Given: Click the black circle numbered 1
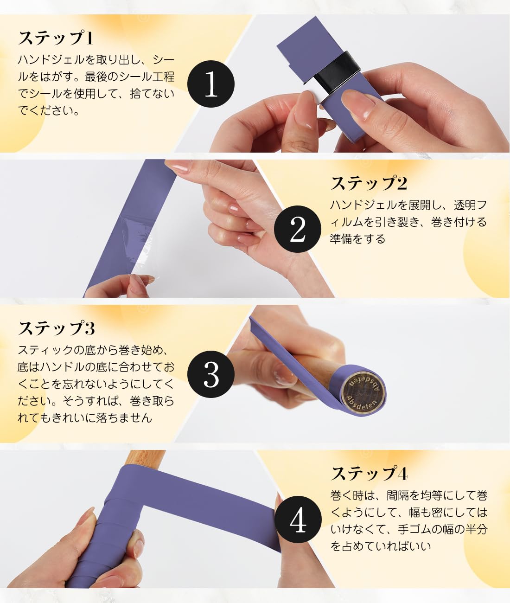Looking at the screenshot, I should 211,84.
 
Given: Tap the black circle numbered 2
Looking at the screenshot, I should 297,229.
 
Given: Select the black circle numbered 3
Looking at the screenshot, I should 211,374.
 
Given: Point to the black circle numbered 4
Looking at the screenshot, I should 297,520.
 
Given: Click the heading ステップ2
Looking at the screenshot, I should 369,183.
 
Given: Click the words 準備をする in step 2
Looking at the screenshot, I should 357,239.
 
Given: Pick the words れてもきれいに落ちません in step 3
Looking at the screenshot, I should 85,417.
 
